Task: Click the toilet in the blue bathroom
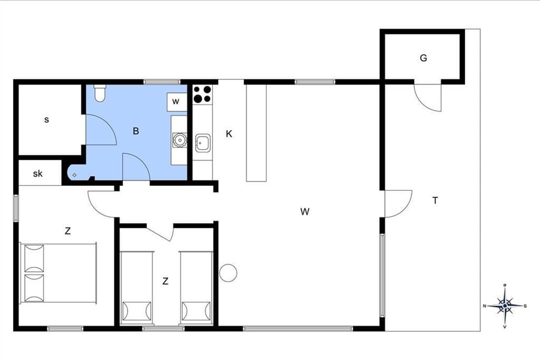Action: tap(99, 93)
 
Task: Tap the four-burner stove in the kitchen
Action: tap(202, 94)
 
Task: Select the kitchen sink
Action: tap(203, 143)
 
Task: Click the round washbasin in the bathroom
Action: tap(180, 140)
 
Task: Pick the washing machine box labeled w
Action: tap(177, 102)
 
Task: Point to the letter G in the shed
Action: tap(423, 58)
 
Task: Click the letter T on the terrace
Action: tap(435, 200)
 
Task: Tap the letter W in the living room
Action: tap(305, 211)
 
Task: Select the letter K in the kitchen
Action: tap(229, 134)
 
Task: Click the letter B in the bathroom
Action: tap(136, 131)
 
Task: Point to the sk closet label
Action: tap(38, 173)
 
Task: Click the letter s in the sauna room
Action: tap(46, 120)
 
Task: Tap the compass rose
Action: tap(505, 306)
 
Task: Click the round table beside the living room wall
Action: tap(228, 273)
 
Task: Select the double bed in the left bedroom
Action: tap(58, 273)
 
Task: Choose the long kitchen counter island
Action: tap(256, 133)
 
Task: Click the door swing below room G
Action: tap(427, 98)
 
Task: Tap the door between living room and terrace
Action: tap(398, 204)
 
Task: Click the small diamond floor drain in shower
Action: tap(75, 175)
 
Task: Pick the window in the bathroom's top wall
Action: tap(162, 82)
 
